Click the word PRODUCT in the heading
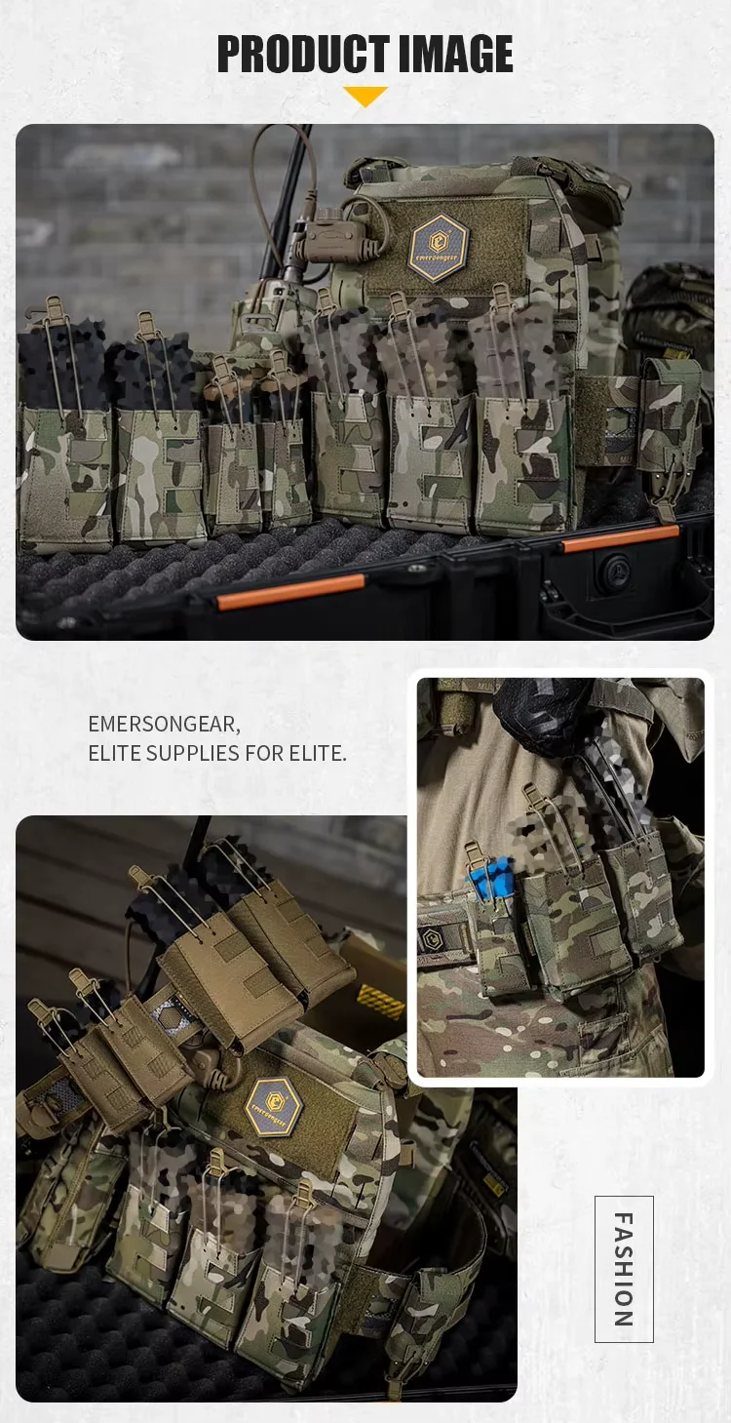(x=303, y=54)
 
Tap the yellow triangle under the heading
(x=365, y=96)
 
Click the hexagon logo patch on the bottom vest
(x=275, y=1106)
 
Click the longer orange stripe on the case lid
(x=290, y=592)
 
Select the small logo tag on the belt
(x=429, y=937)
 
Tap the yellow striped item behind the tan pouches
(x=382, y=1002)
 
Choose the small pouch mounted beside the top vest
(x=667, y=432)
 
